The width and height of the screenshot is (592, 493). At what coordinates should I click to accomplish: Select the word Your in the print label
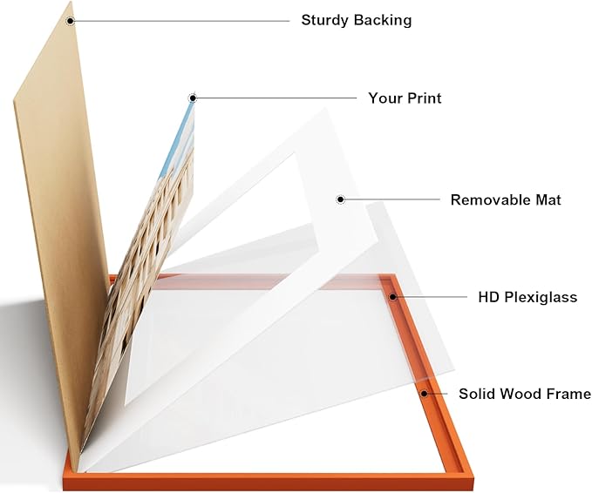[384, 98]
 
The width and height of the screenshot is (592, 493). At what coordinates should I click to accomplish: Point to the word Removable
[488, 200]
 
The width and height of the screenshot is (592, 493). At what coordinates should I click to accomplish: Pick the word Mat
[547, 200]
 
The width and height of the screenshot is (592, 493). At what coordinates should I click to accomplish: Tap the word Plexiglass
[541, 298]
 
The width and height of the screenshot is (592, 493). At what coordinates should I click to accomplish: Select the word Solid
[476, 394]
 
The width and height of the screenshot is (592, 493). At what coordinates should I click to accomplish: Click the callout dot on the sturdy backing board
[71, 21]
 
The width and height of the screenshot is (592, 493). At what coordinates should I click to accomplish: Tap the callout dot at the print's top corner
[193, 98]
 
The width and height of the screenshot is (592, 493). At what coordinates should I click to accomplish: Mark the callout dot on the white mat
[341, 199]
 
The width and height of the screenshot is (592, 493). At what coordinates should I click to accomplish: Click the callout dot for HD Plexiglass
[393, 297]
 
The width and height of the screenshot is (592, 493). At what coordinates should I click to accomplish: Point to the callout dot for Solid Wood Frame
[425, 394]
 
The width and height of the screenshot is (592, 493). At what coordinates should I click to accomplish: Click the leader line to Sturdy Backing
[181, 21]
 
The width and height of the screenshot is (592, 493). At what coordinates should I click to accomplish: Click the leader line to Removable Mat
[392, 199]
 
